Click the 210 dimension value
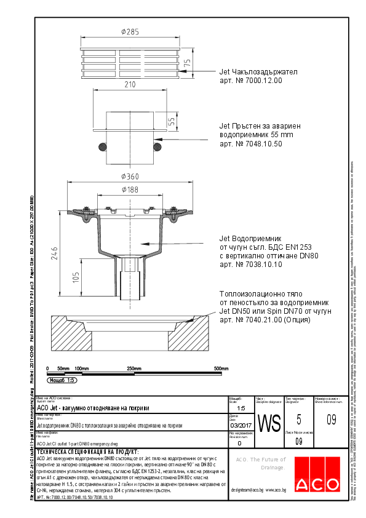point(129,85)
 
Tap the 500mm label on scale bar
point(221,368)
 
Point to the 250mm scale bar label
point(134,368)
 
